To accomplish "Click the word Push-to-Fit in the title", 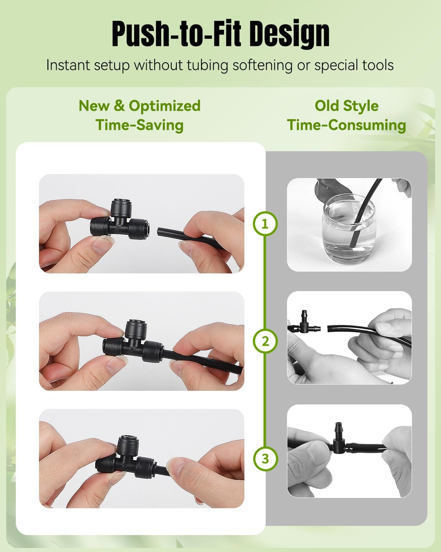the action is pos(176,33).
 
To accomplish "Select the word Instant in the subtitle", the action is pos(68,65).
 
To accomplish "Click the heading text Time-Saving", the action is pos(140,125).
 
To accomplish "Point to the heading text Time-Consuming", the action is pos(347,125).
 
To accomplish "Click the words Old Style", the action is pos(347,106).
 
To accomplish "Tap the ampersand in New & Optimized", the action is pos(119,106).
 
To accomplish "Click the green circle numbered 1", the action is pos(265,224).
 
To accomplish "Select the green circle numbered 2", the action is pos(265,341).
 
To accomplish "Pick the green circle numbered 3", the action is pos(265,459).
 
